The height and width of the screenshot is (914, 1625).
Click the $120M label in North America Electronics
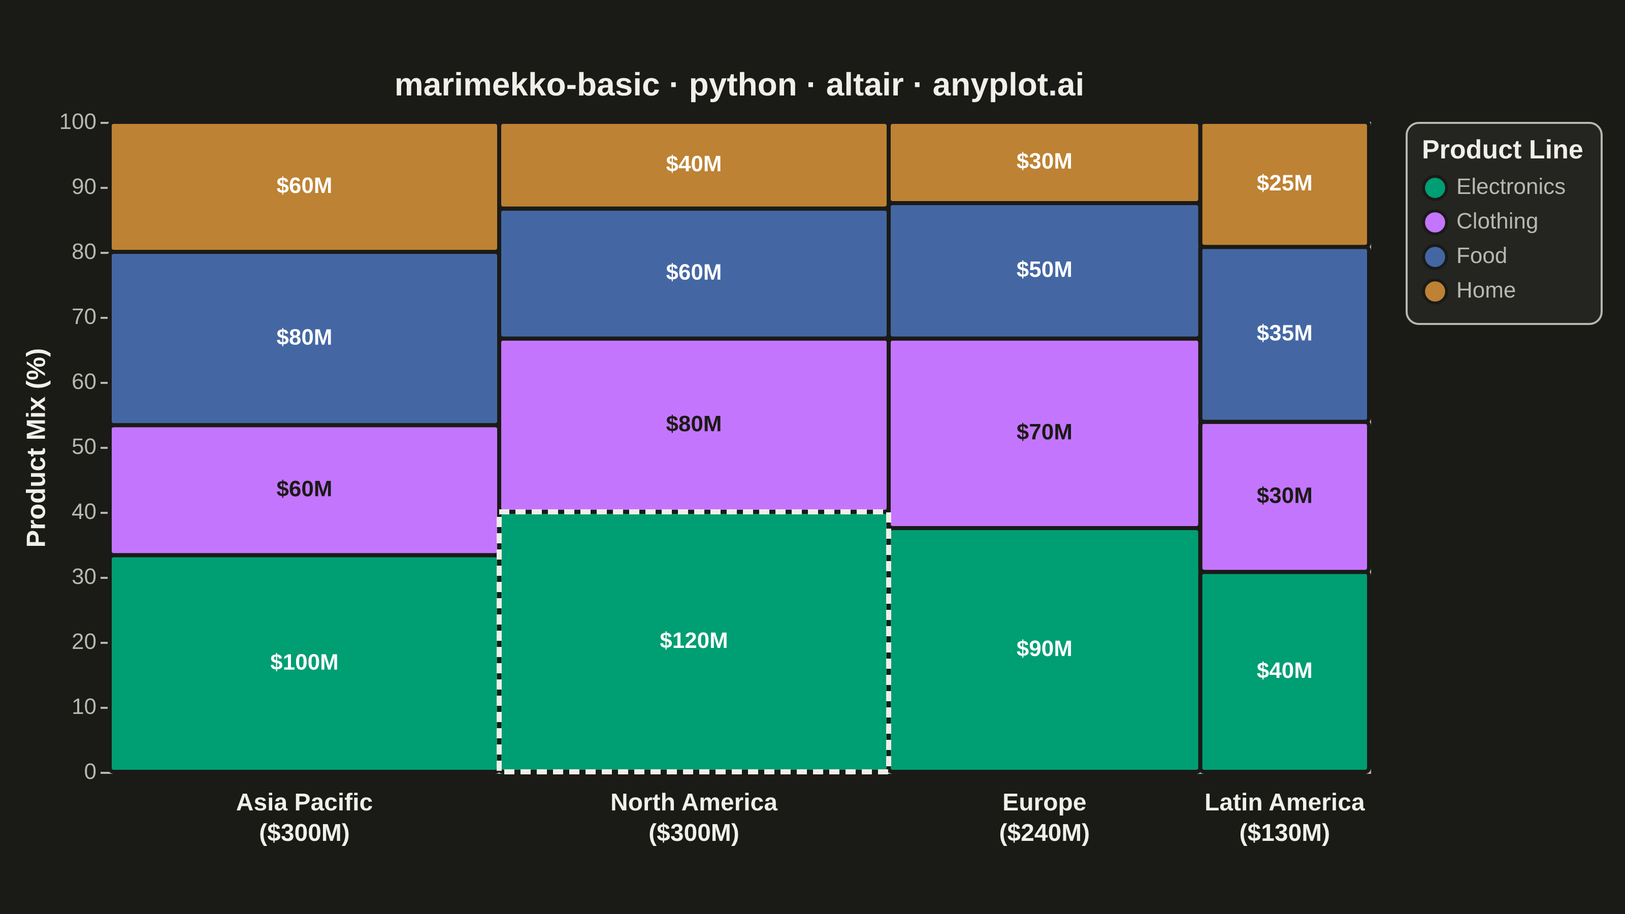693,640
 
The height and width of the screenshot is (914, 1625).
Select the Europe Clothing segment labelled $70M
1044,433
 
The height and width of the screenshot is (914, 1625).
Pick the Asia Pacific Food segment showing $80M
304,338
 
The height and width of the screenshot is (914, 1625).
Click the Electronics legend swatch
1435,187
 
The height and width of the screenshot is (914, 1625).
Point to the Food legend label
1481,256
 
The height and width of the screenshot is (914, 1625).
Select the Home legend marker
1435,291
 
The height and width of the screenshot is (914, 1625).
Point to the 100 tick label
78,122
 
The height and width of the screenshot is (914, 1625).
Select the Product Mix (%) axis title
37,447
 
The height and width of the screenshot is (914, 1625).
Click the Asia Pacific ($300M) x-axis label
304,818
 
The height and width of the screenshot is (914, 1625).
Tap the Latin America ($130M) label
1284,818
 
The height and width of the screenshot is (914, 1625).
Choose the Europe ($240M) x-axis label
1044,818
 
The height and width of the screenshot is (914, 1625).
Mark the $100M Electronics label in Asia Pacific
304,662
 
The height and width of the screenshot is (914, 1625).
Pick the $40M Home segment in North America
693,165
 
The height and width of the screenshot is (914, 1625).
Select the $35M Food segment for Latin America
1284,334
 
